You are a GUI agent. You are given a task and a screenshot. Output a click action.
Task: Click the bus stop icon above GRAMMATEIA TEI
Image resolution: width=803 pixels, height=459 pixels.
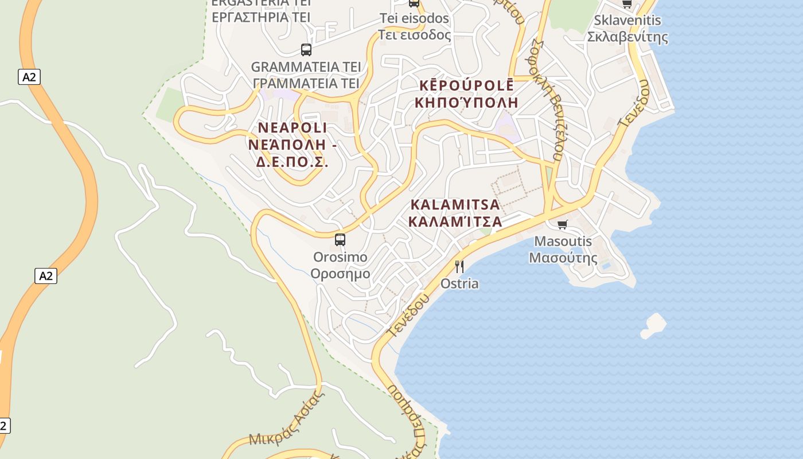[306, 50]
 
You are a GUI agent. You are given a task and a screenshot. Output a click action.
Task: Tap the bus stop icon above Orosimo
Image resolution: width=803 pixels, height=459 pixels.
[340, 240]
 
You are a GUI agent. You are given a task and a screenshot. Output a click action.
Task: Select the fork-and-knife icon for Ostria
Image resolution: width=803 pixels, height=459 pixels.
[459, 267]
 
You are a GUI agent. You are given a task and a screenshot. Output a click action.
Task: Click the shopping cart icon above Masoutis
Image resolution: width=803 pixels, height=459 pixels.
[563, 224]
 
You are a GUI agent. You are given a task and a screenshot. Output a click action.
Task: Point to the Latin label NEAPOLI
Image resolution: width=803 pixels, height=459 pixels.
[293, 127]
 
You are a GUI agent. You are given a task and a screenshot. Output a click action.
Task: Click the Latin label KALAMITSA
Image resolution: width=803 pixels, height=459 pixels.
[455, 205]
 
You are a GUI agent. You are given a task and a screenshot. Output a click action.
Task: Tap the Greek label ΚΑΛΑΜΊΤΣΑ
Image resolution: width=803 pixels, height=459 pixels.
[455, 221]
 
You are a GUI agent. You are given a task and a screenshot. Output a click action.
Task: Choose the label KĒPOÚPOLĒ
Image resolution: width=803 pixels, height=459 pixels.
[467, 85]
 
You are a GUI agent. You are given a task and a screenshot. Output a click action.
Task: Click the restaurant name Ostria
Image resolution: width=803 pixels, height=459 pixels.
[459, 283]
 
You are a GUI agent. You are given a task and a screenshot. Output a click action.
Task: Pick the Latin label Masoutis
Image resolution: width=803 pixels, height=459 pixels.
[563, 241]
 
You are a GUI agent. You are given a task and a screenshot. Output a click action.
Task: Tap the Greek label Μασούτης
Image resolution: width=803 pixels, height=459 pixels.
[563, 258]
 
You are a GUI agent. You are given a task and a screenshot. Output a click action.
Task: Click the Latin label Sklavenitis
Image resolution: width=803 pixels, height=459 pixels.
[627, 21]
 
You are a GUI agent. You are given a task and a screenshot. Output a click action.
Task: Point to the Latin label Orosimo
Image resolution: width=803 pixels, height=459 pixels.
[340, 257]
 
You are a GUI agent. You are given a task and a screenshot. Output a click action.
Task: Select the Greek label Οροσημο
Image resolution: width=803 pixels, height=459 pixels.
[340, 274]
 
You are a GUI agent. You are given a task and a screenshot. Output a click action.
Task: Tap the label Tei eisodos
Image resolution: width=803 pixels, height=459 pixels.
[414, 19]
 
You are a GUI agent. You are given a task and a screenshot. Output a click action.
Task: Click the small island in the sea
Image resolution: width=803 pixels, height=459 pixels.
[653, 326]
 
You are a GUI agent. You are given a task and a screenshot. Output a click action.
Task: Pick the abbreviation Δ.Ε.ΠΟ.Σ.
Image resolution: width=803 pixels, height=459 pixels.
[292, 162]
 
